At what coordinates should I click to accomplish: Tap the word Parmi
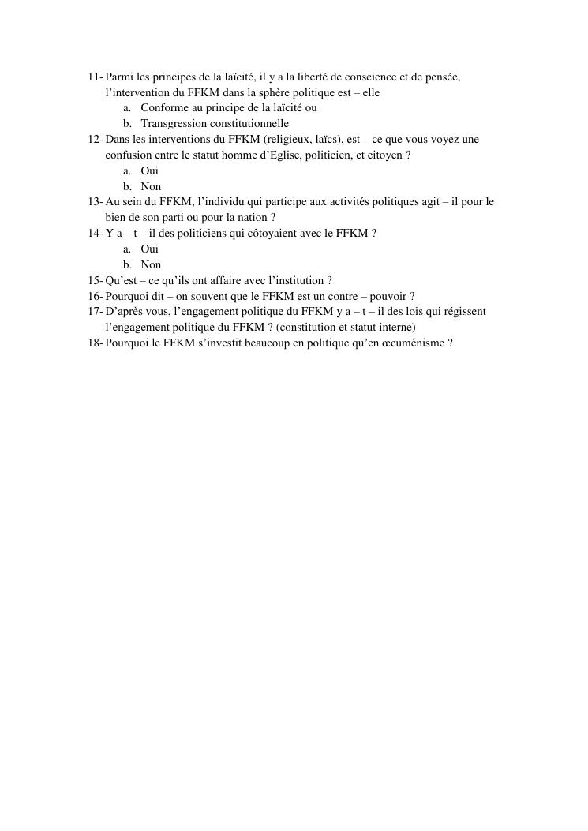[x=119, y=77]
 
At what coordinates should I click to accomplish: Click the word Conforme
[x=163, y=108]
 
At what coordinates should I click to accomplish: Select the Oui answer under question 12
[x=150, y=171]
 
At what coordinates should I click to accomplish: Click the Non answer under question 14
[x=151, y=265]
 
